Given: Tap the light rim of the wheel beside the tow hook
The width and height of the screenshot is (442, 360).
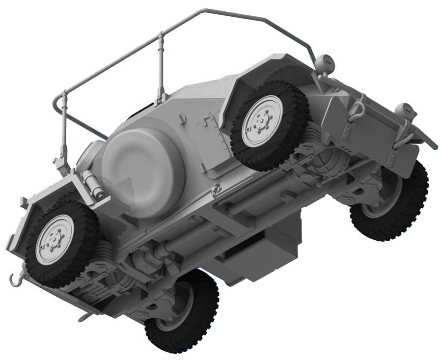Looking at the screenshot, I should click(x=55, y=240).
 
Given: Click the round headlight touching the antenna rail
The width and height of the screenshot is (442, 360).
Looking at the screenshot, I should click(x=324, y=64).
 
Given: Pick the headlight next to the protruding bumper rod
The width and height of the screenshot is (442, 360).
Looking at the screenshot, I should click(x=405, y=111).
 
